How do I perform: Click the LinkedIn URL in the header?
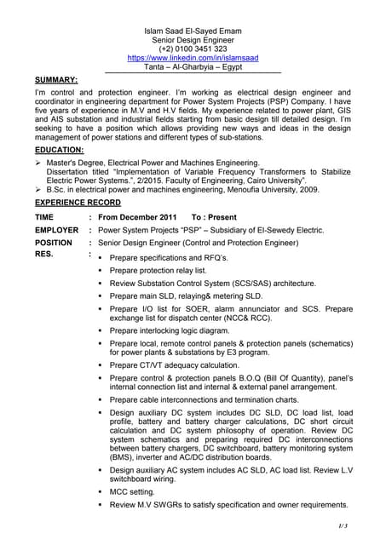[x=192, y=58]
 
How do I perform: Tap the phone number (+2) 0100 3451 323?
[x=192, y=49]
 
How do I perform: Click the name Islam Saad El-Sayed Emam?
[x=192, y=30]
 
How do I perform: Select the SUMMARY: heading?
[x=56, y=79]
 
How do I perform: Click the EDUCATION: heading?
[x=59, y=149]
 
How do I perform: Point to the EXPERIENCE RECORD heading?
[x=78, y=203]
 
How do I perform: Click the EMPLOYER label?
[x=56, y=230]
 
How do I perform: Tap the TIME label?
[x=43, y=217]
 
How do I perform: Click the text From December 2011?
[x=137, y=217]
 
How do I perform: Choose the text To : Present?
[x=214, y=217]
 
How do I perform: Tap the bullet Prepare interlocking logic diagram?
[x=170, y=330]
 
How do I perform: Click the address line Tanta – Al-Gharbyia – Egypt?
[x=192, y=67]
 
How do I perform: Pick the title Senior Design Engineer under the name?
[x=192, y=39]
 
